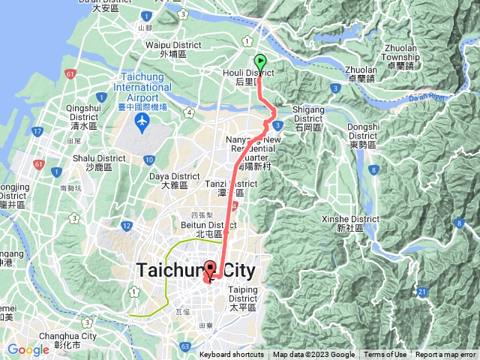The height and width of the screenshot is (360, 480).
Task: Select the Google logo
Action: point(28,349)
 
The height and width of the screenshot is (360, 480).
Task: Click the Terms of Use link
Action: point(385,355)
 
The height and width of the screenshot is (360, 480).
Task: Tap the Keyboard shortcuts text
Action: point(231,355)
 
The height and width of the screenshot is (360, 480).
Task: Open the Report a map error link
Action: point(445,355)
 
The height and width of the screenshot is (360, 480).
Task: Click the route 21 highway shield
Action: point(423,292)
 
